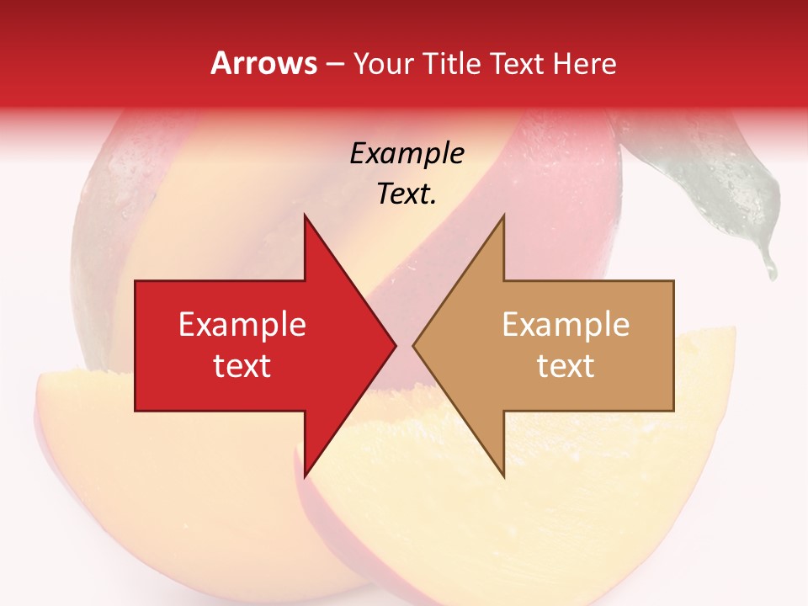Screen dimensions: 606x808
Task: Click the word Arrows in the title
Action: click(x=263, y=63)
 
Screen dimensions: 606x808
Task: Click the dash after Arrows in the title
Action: click(x=334, y=65)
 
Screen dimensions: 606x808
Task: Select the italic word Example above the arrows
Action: click(x=407, y=154)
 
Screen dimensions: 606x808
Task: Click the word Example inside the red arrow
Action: click(x=242, y=325)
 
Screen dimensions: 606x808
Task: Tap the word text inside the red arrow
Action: click(x=242, y=366)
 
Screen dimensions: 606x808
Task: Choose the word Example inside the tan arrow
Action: click(x=566, y=325)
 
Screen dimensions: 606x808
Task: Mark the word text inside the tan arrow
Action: click(x=566, y=366)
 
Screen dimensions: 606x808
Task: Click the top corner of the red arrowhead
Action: click(x=305, y=216)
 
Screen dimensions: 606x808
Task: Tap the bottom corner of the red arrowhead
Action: click(x=305, y=476)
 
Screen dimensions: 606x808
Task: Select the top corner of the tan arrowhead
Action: click(x=503, y=216)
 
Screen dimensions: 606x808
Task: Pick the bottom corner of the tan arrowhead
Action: click(x=503, y=476)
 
